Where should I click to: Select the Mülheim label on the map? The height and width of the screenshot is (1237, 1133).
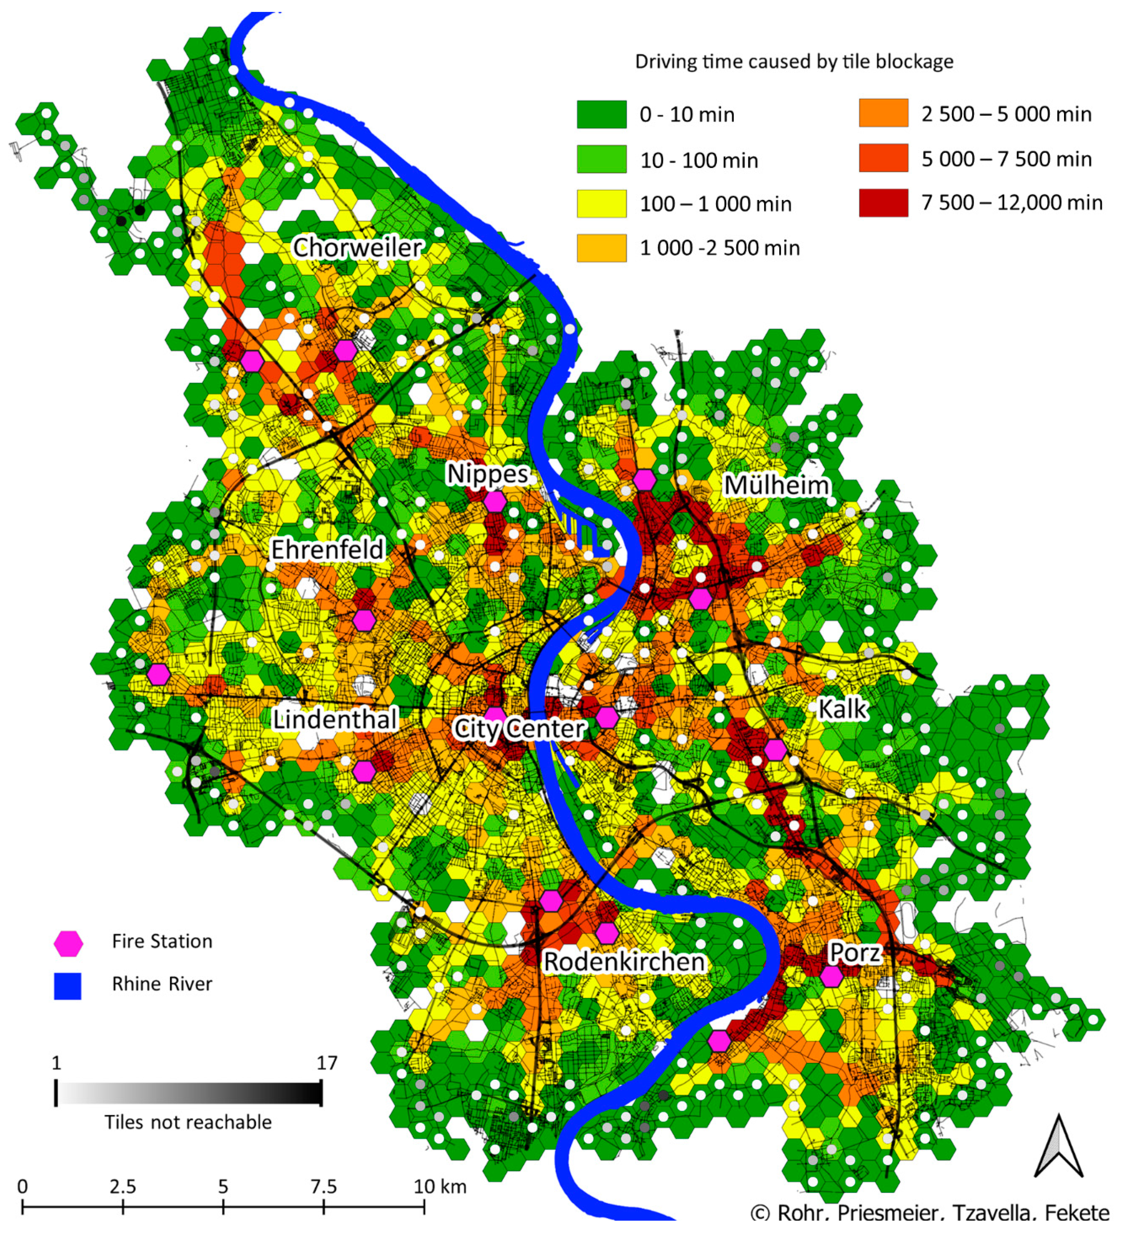(777, 485)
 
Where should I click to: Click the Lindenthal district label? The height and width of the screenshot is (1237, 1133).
(335, 719)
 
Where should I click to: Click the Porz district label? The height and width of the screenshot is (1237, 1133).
(855, 952)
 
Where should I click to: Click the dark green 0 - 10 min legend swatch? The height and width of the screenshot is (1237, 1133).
(601, 114)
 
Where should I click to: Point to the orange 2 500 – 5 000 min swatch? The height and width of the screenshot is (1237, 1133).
(883, 114)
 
